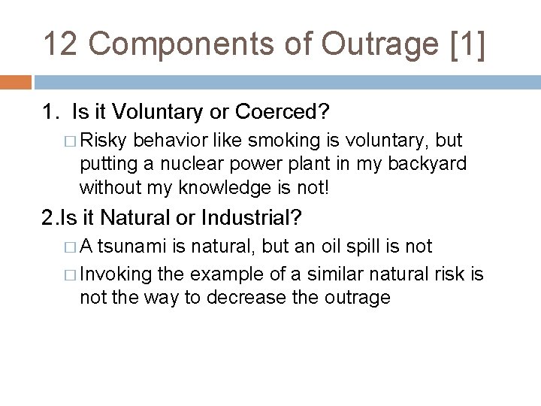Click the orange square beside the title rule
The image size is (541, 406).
click(16, 81)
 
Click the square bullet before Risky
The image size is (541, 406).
click(71, 142)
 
